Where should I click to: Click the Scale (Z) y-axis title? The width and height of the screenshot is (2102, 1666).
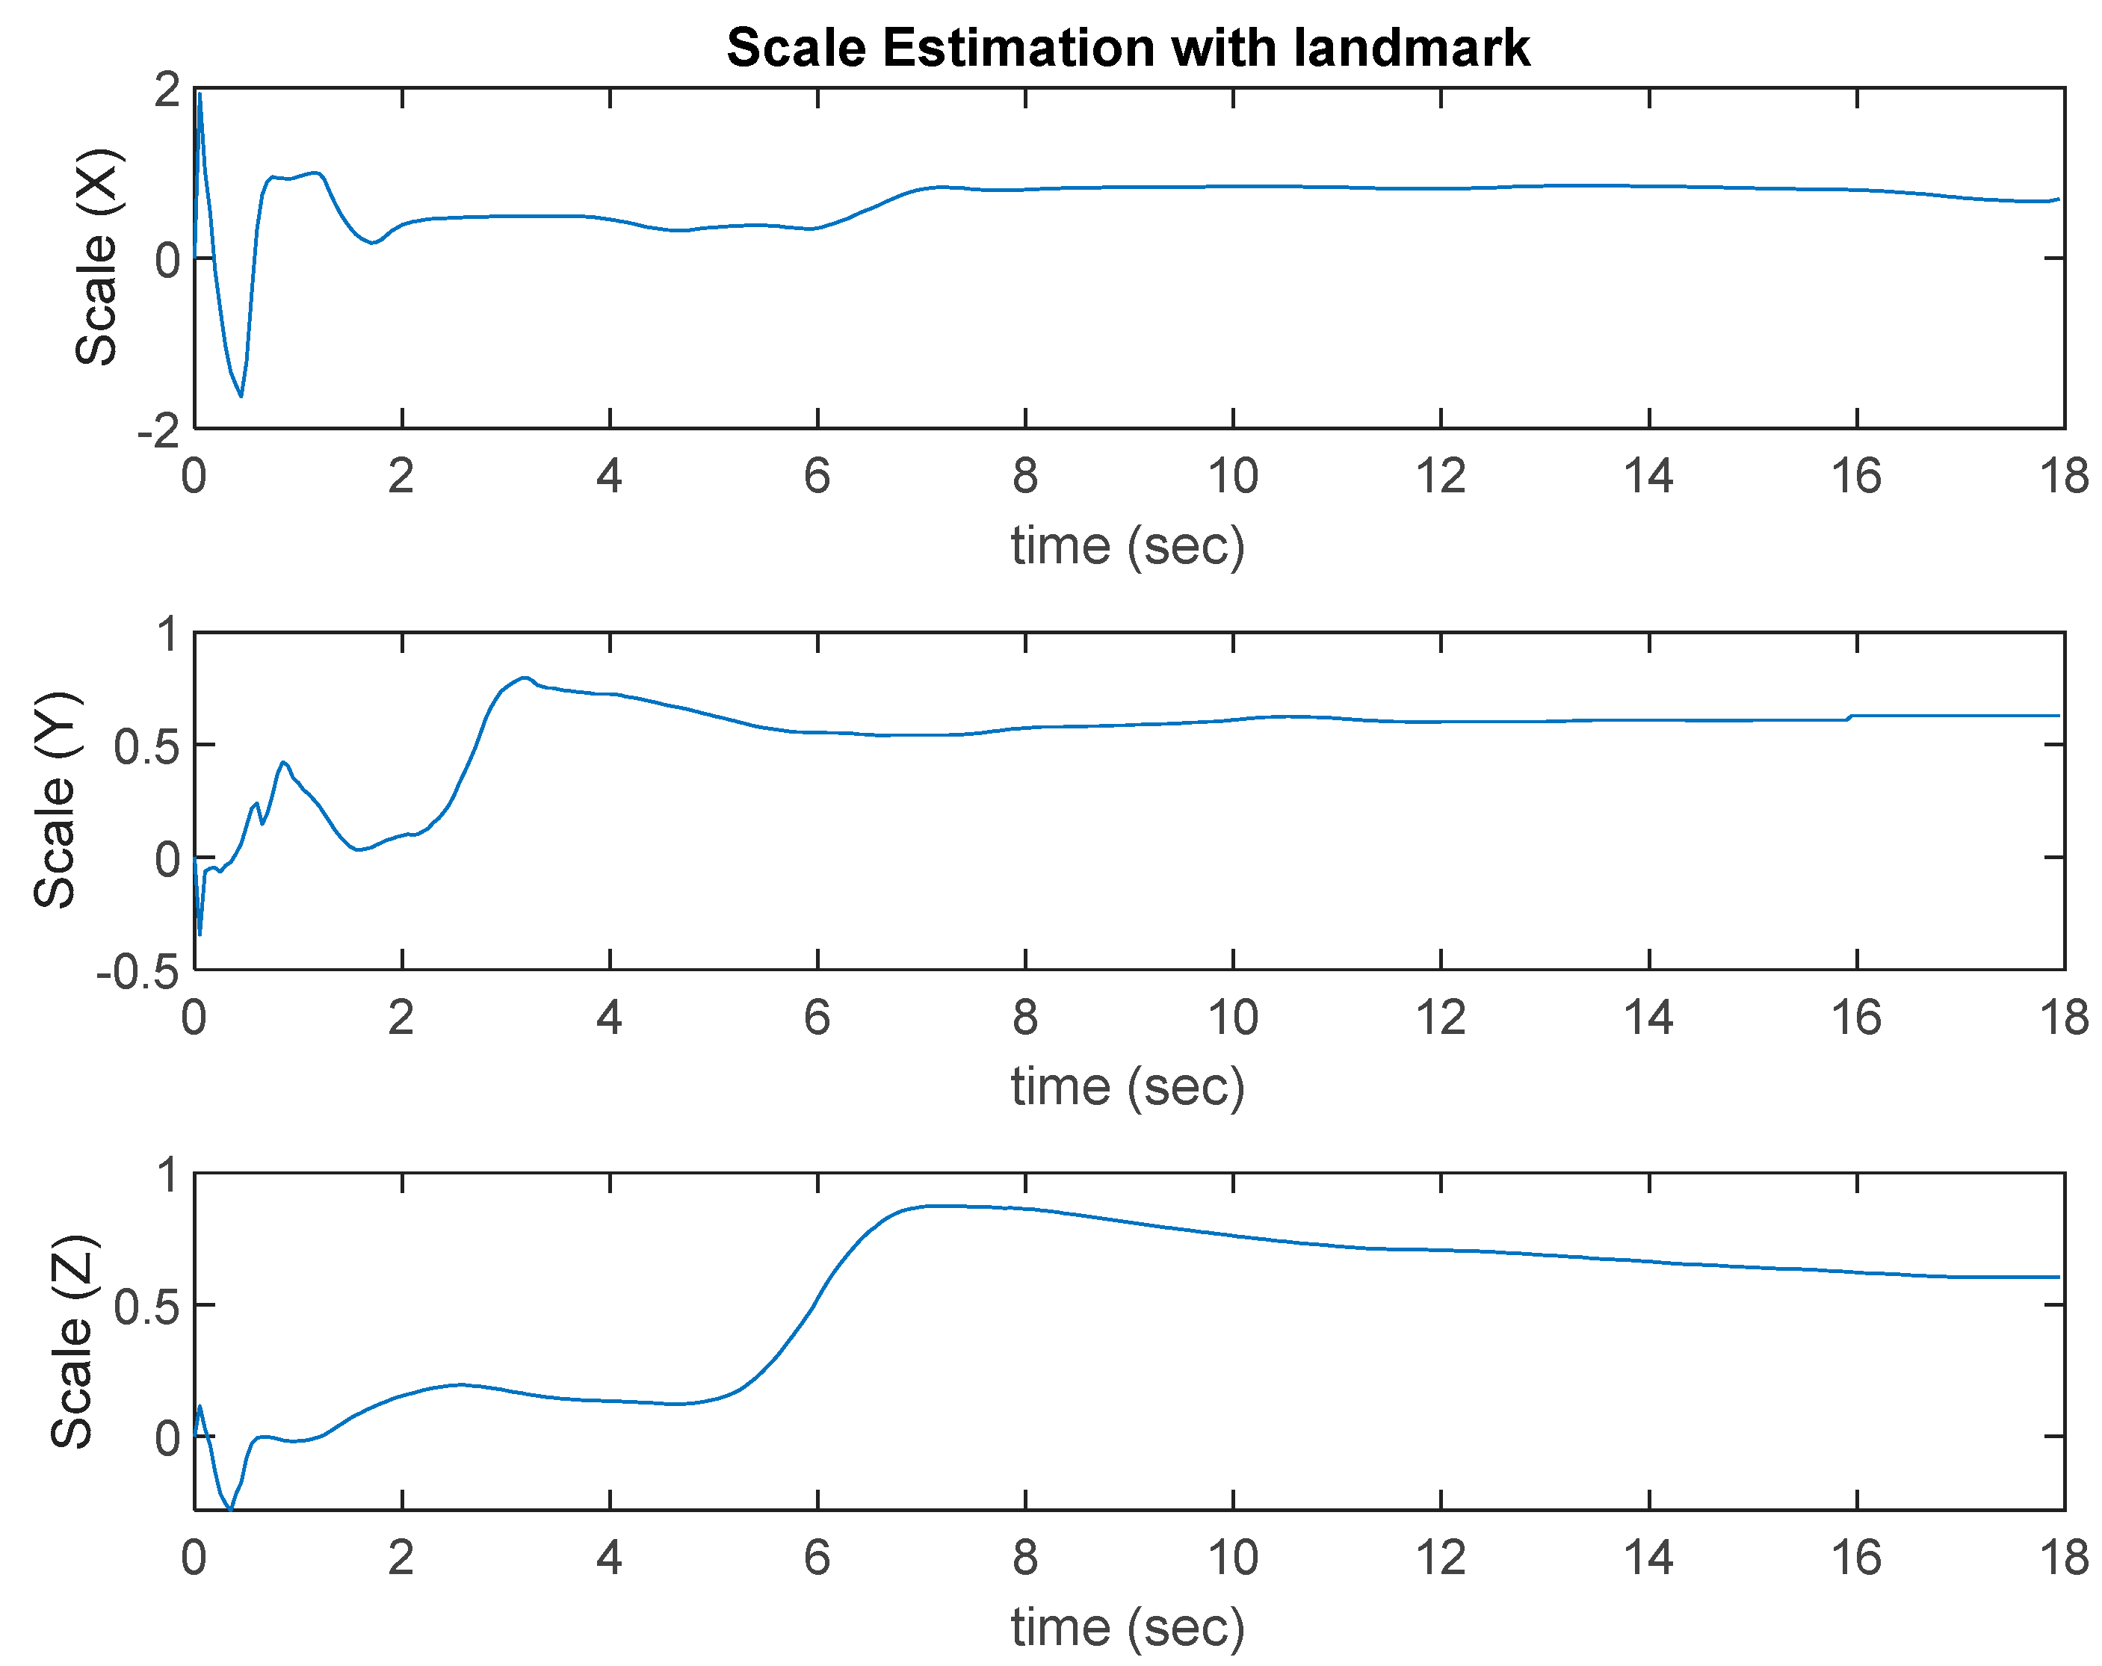pyautogui.click(x=72, y=1343)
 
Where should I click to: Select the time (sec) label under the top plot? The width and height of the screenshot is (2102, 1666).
pyautogui.click(x=1128, y=546)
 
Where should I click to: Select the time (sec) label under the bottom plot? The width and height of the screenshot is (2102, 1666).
pyautogui.click(x=1128, y=1627)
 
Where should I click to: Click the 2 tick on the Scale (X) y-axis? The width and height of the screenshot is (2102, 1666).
pyautogui.click(x=167, y=90)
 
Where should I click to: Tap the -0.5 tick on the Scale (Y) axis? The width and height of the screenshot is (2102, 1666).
pyautogui.click(x=137, y=972)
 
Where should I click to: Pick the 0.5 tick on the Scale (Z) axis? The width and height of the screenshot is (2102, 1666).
pyautogui.click(x=146, y=1307)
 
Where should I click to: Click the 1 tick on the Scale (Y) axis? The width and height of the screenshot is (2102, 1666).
pyautogui.click(x=167, y=634)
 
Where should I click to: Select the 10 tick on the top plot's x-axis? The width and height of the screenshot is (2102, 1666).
pyautogui.click(x=1233, y=476)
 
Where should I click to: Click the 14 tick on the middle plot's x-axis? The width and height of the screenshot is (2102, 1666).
pyautogui.click(x=1648, y=1018)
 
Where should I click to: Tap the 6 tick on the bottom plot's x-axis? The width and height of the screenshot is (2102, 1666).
pyautogui.click(x=817, y=1558)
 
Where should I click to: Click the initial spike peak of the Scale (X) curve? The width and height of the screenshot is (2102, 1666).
pyautogui.click(x=200, y=95)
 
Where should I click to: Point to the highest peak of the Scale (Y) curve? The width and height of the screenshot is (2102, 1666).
pyautogui.click(x=525, y=678)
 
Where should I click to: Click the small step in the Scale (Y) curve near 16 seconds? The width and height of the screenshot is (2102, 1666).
pyautogui.click(x=1850, y=717)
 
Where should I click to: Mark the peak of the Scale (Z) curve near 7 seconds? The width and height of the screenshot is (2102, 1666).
pyautogui.click(x=931, y=1206)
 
